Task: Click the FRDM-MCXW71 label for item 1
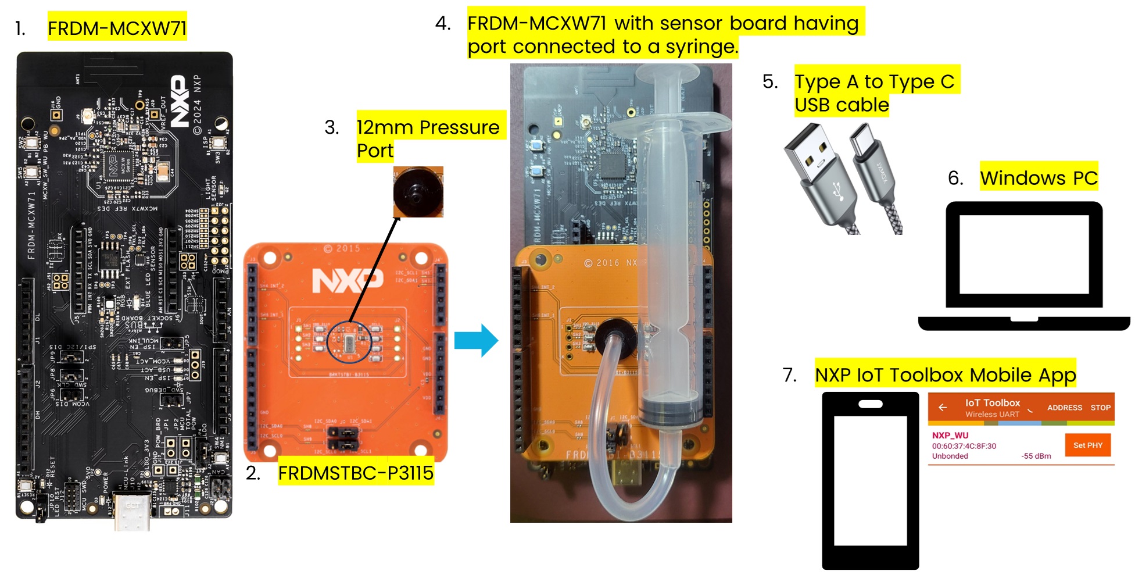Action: (117, 28)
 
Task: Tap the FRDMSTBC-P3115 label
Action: (356, 473)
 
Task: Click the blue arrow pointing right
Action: (476, 340)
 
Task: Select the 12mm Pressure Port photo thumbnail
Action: (418, 192)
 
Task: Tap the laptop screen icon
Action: (1023, 254)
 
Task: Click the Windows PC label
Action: (1039, 178)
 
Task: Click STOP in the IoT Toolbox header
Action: (1100, 408)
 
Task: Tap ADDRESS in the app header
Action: (1064, 408)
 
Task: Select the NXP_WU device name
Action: (950, 435)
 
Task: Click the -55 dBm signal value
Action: (1036, 456)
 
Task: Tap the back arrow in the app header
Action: (943, 408)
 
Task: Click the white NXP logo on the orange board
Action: (348, 281)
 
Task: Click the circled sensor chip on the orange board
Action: (349, 343)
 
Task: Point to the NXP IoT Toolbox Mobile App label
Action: (945, 374)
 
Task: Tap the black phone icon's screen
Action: (870, 480)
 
